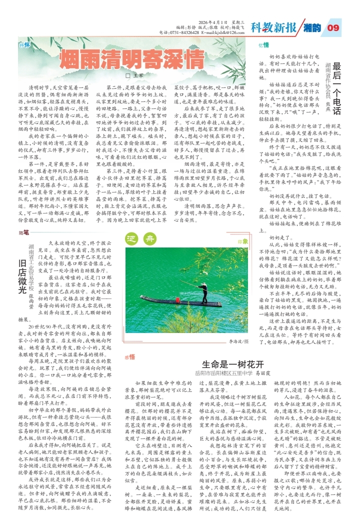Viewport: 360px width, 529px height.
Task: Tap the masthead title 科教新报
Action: click(273, 27)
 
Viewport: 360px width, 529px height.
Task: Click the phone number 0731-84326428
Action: click(185, 32)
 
